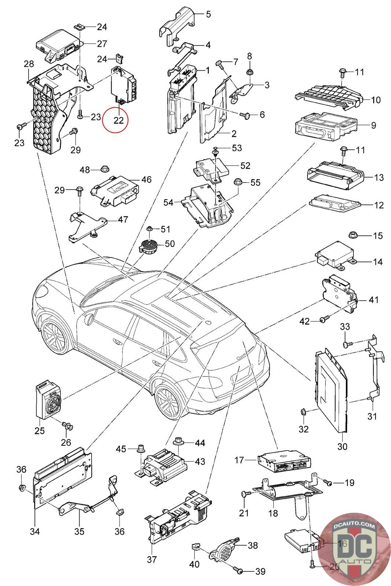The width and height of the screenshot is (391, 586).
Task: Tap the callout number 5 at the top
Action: [x=208, y=15]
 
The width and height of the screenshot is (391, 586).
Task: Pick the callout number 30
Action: [x=342, y=446]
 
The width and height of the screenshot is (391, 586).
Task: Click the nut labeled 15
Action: [x=353, y=235]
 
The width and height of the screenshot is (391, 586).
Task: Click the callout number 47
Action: [x=123, y=220]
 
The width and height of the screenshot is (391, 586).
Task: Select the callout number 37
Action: [x=152, y=559]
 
